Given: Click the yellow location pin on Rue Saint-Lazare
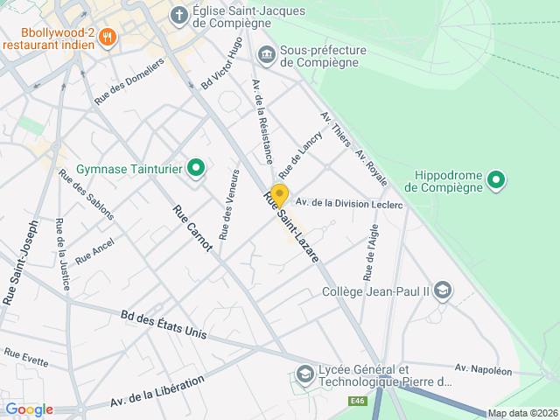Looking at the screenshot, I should point(279,194).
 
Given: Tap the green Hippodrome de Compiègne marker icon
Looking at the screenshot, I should point(496,181).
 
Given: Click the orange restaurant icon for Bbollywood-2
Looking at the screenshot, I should point(108,36).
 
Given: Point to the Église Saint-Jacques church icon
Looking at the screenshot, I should point(178,15).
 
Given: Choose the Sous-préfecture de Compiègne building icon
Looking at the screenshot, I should point(266,55).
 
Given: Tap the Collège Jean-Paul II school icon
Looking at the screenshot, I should point(443,290).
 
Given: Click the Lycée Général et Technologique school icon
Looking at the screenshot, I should point(304,375).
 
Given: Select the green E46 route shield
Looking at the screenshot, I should point(356,402).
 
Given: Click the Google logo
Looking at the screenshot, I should point(29,409).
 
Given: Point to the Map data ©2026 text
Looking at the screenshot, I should point(522,413).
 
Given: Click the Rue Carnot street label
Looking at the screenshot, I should point(192,227).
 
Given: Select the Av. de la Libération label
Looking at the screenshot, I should point(157,390).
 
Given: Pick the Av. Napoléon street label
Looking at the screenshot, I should point(483,370).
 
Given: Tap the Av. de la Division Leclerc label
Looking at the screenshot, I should point(348,204).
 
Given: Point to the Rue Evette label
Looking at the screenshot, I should point(26,356).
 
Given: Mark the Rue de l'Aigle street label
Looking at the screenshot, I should point(369,250).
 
